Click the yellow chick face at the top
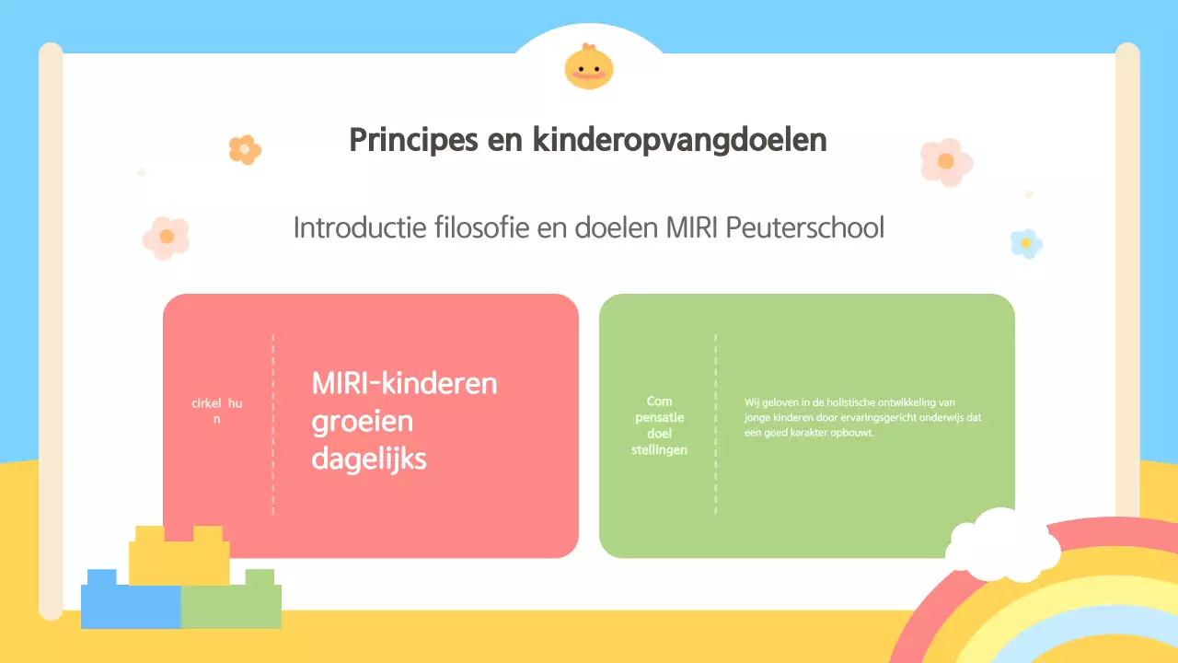click(589, 66)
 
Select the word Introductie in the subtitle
click(360, 227)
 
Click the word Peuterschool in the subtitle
click(805, 227)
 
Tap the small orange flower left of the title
click(245, 149)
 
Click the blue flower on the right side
click(1025, 243)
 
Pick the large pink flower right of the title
click(946, 162)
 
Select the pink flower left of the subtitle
click(167, 237)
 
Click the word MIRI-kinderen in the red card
click(404, 383)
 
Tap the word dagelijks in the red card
click(369, 459)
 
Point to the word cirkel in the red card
click(207, 403)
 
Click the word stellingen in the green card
click(659, 449)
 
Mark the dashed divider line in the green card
click(715, 424)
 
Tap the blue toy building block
click(130, 603)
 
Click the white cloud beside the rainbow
click(1003, 547)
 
